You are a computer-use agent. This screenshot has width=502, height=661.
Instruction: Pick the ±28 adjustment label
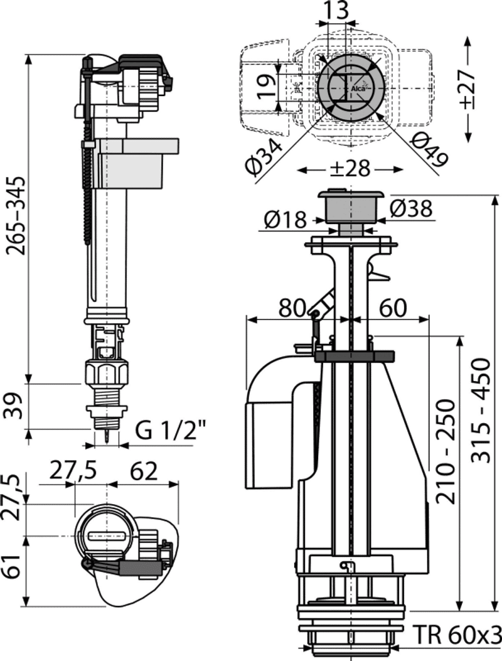350,169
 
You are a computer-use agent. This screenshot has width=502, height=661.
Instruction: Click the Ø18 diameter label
286,219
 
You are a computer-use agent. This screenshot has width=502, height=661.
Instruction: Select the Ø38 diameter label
412,208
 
